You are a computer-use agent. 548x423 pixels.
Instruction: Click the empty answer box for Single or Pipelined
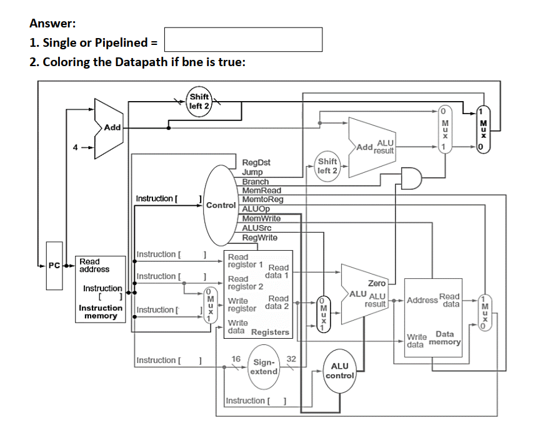243,39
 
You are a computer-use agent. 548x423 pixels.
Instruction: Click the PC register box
54,266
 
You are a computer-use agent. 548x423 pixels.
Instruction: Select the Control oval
220,204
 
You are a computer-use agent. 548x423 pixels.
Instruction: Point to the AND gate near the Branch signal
411,178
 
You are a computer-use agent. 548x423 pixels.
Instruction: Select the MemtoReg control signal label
262,200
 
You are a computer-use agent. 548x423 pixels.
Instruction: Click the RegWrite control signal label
260,238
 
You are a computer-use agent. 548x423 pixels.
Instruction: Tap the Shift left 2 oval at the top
199,100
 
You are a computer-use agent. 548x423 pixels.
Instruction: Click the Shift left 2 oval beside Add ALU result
327,166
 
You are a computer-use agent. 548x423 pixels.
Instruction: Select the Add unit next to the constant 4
109,127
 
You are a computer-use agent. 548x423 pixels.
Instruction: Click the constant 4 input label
76,148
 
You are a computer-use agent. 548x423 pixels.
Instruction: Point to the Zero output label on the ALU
377,283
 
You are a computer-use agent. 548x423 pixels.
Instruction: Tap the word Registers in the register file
270,333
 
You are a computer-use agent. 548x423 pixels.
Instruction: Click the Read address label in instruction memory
94,266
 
